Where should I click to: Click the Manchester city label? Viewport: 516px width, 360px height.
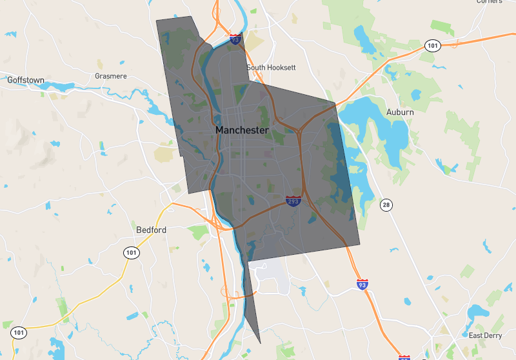coord(242,130)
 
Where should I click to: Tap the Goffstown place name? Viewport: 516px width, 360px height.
coord(26,80)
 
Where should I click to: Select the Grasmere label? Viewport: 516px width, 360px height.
coord(111,75)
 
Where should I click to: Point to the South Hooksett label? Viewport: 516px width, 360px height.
coord(271,67)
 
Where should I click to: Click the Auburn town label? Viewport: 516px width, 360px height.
coord(400,112)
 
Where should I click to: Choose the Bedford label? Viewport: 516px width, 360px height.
coord(152,230)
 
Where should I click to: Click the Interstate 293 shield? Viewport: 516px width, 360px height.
coord(293,202)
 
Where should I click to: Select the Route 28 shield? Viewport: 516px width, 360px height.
coord(386,205)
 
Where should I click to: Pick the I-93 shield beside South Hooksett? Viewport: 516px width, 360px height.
coord(235,40)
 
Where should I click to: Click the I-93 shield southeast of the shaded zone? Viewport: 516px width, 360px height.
coord(362,284)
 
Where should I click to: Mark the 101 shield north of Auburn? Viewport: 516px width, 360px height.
coord(432,46)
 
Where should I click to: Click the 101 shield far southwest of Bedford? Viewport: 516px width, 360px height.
coord(18,333)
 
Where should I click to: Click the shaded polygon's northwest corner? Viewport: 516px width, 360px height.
coord(157,20)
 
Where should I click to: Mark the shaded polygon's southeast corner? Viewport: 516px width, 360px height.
coord(359,245)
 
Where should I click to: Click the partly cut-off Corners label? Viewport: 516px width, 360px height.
coord(490,2)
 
